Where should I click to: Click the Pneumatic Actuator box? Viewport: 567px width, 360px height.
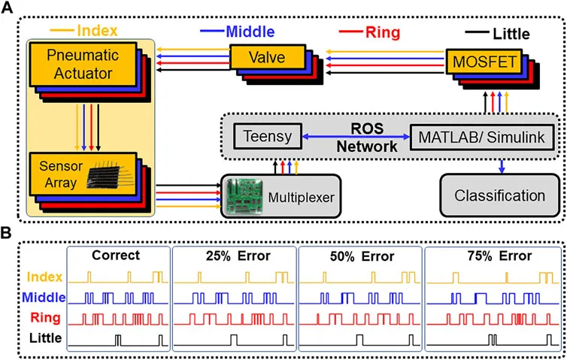tap(83, 65)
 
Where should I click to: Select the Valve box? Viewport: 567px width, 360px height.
tap(267, 57)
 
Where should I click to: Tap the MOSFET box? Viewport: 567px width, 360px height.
tap(484, 62)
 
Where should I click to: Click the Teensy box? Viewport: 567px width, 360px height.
tap(268, 136)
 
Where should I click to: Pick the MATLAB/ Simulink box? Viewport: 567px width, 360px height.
tap(482, 138)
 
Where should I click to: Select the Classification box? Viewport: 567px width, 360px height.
tap(500, 195)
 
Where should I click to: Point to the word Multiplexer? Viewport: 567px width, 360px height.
tap(302, 198)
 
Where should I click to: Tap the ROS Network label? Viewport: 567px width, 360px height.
tap(367, 138)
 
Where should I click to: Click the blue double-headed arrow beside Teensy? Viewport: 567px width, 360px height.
tap(356, 137)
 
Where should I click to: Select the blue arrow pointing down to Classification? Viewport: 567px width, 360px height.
tap(502, 166)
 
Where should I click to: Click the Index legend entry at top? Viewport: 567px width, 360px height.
tap(83, 30)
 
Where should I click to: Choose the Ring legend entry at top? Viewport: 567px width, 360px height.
tap(369, 32)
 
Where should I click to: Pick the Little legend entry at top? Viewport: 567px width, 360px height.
tap(498, 34)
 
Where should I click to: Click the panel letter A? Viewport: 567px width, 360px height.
tap(7, 7)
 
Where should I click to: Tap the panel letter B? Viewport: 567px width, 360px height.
tap(6, 233)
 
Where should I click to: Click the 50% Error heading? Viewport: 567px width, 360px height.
tap(362, 256)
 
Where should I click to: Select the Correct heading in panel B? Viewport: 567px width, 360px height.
tap(116, 256)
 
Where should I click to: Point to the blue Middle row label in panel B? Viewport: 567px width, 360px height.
tap(44, 298)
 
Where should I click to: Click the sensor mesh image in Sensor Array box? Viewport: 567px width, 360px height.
tap(108, 175)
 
